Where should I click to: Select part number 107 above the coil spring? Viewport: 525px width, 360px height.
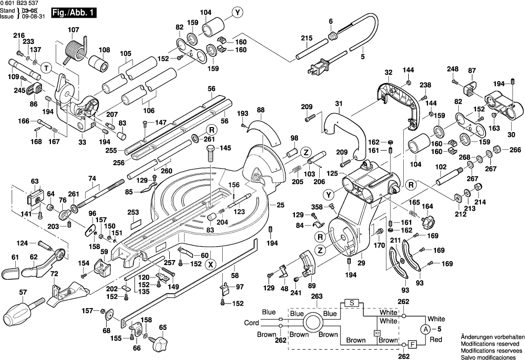point(73,30)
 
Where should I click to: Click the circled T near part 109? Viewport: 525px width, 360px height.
point(46,67)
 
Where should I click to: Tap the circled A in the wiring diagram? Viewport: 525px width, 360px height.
point(425,329)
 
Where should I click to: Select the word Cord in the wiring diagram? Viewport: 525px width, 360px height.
point(251,323)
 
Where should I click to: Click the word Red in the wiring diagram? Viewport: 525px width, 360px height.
point(435,340)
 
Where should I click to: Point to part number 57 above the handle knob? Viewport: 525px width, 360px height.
point(23,293)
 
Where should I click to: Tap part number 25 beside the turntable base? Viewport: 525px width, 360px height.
point(281,205)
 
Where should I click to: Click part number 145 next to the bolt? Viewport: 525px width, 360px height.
point(225,148)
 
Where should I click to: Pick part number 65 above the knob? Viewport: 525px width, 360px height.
point(163,327)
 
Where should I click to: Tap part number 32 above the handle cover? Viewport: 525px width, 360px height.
point(388,72)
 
